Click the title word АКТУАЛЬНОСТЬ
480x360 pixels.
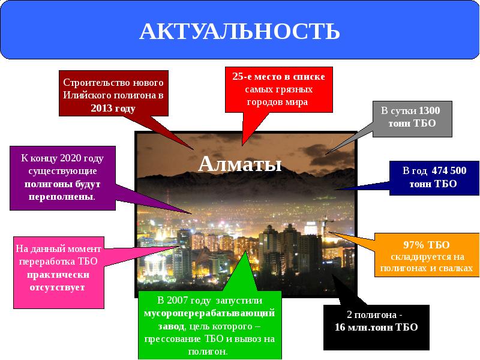[x=239, y=31]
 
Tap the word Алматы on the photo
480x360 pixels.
[x=239, y=163]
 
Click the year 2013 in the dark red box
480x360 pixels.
[x=103, y=109]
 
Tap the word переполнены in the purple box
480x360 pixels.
[x=59, y=196]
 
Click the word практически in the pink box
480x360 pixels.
[x=58, y=275]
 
